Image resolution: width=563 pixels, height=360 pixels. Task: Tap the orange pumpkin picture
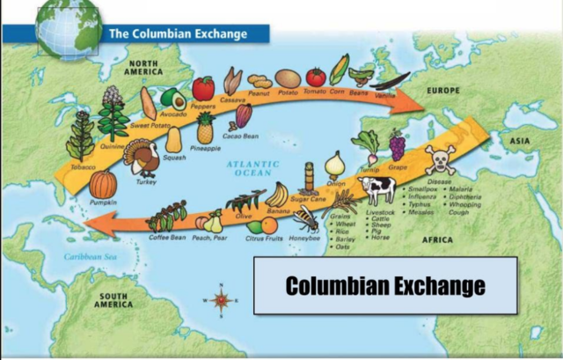point(103,185)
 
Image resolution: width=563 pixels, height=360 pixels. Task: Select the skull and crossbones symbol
point(439,160)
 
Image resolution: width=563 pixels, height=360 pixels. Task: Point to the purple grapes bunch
point(398,144)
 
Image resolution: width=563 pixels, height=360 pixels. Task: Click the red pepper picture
point(203,88)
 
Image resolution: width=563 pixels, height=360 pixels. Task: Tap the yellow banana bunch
point(278,195)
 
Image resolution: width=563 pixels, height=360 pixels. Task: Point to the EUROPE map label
point(444,91)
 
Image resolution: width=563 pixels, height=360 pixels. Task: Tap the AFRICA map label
point(437,239)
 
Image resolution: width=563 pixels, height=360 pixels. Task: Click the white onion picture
point(335,164)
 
